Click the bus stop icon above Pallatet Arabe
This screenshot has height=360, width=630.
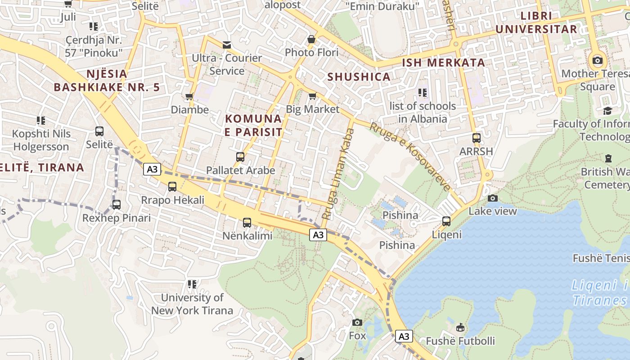point(240,157)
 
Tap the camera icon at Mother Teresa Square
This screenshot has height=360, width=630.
point(598,60)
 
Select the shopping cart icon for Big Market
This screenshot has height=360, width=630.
point(312,96)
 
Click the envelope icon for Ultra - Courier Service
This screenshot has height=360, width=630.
point(227,45)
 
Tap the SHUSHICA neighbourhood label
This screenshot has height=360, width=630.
point(359,77)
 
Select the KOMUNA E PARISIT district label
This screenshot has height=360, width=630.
point(253,126)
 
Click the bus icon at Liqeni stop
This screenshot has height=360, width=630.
point(446,221)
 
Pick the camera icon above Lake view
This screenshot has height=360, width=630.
point(493,198)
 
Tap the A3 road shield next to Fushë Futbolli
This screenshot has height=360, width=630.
point(404,336)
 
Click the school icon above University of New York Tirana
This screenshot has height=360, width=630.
point(192,284)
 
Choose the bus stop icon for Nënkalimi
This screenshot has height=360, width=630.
point(247,222)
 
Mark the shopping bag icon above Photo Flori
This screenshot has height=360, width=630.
point(311,39)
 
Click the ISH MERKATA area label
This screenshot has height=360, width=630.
point(443,63)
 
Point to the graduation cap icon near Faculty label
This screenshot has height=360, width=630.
point(608,111)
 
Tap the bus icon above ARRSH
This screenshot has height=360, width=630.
point(476,138)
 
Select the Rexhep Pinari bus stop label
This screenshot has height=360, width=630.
point(116,218)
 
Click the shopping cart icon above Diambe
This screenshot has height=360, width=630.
point(189,96)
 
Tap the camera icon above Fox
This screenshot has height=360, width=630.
point(357,322)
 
